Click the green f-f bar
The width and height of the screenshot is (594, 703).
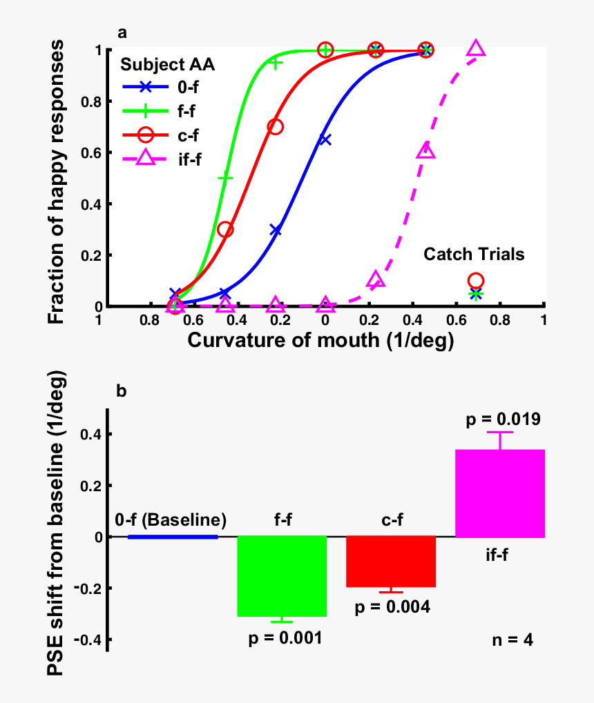pos(282,576)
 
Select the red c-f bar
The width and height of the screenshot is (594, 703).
pos(391,561)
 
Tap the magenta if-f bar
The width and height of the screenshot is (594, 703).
pos(500,493)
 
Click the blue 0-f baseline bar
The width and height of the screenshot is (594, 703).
pos(173,536)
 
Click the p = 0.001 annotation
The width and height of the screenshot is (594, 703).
pos(285,637)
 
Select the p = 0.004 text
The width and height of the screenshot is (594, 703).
pos(392,607)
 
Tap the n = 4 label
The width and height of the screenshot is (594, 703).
pos(512,640)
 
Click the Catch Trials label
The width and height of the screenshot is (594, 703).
pos(474,255)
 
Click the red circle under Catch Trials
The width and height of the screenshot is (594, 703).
pos(475,281)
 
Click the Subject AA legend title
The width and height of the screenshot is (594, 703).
pos(168,64)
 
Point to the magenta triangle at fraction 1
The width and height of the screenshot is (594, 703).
pos(476,49)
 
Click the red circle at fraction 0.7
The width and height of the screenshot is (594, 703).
pos(275,127)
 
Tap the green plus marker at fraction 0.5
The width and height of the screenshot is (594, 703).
pos(225,178)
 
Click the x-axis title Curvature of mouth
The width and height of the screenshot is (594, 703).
pos(320,341)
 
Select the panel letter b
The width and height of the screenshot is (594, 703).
pos(121,391)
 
